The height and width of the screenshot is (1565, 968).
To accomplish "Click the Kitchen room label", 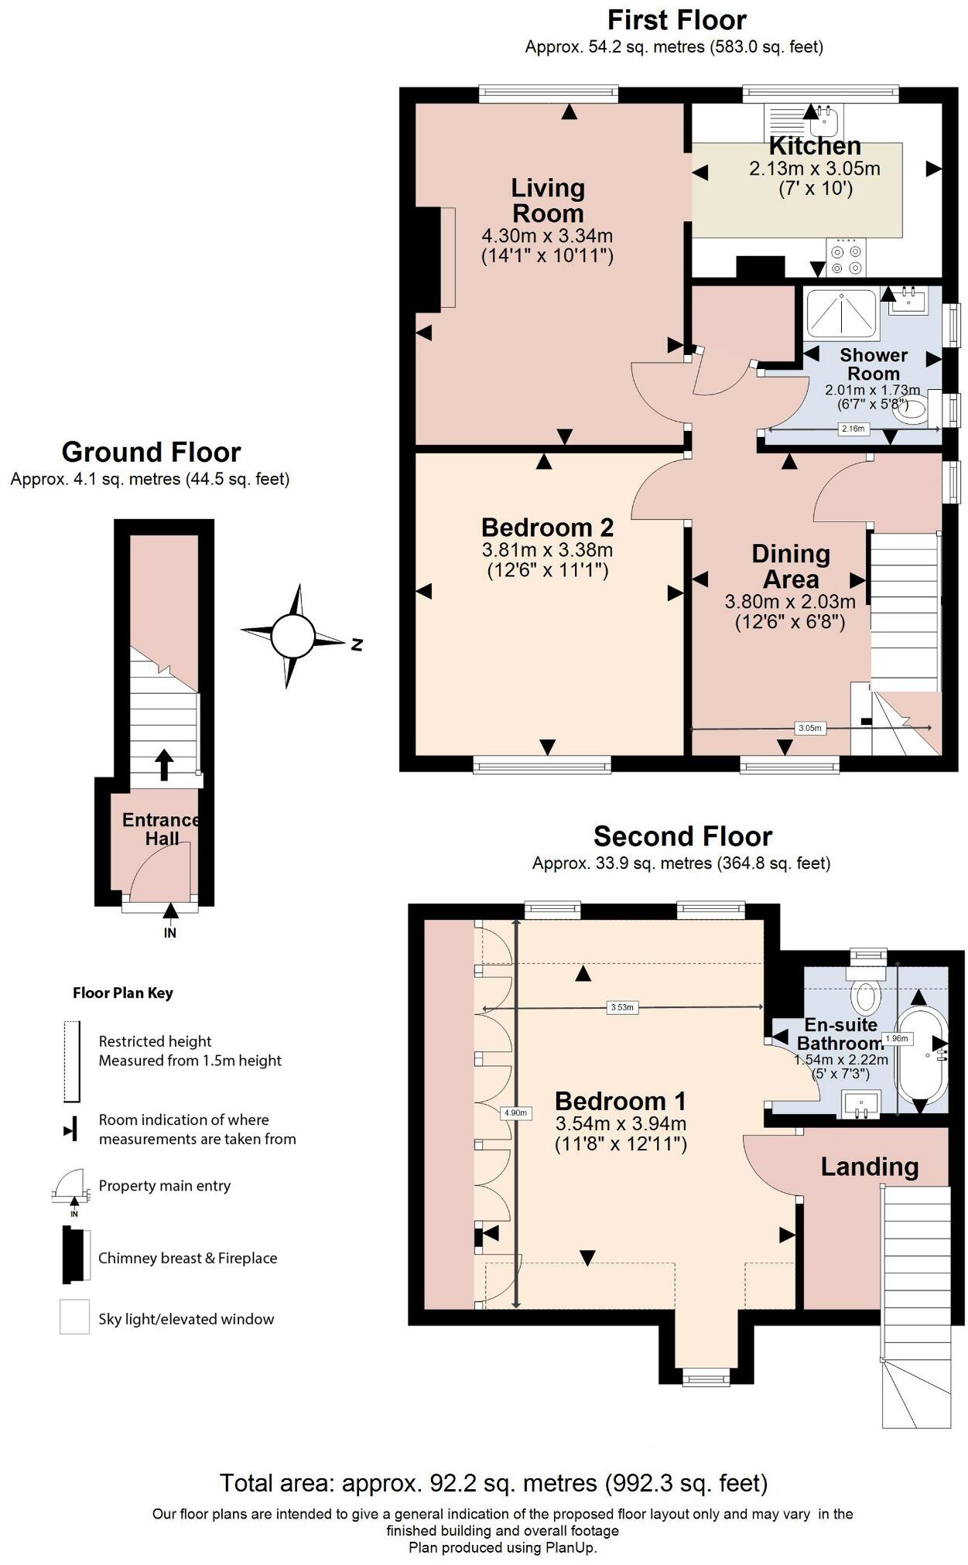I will point(815,146).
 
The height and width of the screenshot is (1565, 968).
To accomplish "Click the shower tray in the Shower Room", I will point(841,313).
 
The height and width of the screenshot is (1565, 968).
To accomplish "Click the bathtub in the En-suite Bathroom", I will point(920,1055).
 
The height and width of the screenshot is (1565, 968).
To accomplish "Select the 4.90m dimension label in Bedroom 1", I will point(515,1113).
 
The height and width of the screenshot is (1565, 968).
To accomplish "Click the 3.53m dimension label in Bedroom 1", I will point(622,1007).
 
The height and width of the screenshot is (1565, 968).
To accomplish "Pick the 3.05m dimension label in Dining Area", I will point(809,728).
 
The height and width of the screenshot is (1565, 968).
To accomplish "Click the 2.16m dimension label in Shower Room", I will point(853,429).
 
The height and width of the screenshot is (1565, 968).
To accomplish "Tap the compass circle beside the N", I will point(292,636).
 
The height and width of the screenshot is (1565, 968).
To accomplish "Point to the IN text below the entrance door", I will point(170,933).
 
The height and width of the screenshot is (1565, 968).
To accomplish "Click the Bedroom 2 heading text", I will point(547,528).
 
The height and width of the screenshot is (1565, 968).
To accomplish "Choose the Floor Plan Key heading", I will point(122,993).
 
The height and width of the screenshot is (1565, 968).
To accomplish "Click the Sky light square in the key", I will point(75,1316).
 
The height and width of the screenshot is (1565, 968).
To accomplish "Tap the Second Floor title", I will point(682,836).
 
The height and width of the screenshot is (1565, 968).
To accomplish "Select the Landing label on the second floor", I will point(869,1167).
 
